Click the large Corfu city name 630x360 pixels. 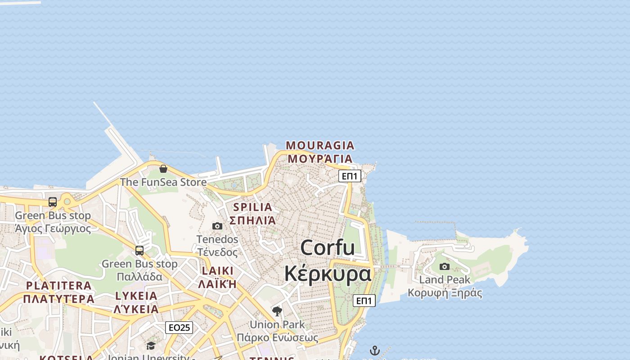[327, 248]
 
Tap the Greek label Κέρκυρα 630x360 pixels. [328, 273]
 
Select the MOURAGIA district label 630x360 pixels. [320, 145]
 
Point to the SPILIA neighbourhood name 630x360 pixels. [252, 207]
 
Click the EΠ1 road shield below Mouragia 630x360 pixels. [350, 176]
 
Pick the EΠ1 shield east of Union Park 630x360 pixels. [364, 301]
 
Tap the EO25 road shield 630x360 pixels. [179, 327]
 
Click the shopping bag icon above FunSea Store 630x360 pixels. [163, 169]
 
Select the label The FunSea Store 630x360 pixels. [163, 182]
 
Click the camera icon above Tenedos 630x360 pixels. [217, 226]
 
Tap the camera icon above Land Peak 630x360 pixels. [445, 266]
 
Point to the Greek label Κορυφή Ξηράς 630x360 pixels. [445, 293]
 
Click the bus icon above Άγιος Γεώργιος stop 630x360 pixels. [53, 202]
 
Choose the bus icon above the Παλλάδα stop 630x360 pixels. [139, 250]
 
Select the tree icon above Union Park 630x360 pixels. [277, 311]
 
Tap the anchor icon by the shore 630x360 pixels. [375, 351]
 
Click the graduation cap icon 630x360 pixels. [151, 346]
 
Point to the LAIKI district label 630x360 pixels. [218, 270]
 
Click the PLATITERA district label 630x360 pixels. [58, 285]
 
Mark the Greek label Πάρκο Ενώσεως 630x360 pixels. [277, 337]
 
